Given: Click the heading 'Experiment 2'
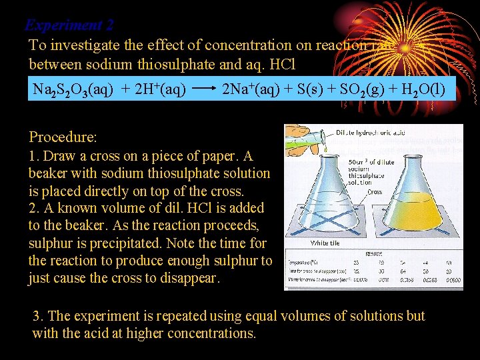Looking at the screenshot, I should click(69, 25).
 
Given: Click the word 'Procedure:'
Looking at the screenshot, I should click(63, 137).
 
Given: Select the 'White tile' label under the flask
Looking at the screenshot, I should click(325, 243).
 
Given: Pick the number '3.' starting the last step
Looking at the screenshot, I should click(39, 316).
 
